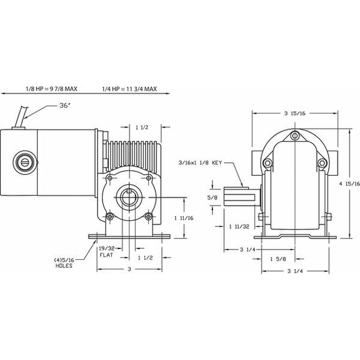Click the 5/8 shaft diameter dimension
212,198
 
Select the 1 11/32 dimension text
239,226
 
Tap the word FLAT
106,257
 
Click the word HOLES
63,267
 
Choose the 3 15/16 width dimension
295,113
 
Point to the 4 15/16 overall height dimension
354,187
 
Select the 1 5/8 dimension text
278,260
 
